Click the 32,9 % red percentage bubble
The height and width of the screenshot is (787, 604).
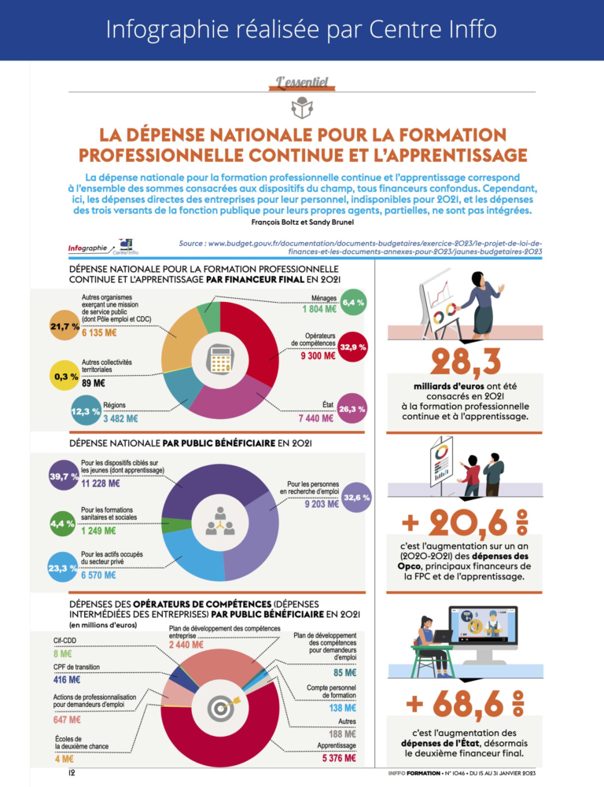coord(352,347)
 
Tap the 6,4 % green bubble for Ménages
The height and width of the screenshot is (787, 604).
coord(353,302)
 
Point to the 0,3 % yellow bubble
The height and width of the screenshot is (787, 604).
coord(64,377)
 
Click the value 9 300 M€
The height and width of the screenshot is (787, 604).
coord(318,356)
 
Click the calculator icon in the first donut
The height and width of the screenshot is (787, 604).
coord(219,360)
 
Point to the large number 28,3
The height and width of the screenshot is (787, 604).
coord(466,364)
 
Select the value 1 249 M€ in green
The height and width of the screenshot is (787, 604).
coord(100,531)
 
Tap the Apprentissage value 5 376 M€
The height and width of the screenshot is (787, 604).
coord(338,759)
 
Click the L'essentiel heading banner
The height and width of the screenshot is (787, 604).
coord(302,81)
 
